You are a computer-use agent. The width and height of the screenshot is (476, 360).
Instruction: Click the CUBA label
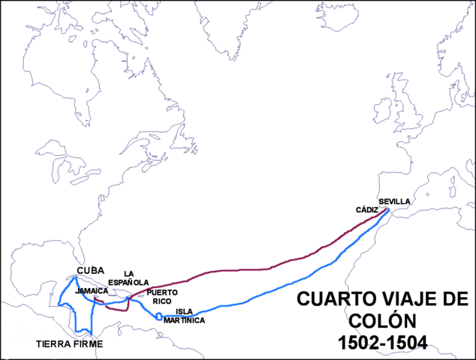[x=91, y=271]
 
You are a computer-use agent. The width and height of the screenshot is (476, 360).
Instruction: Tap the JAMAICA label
[x=92, y=289]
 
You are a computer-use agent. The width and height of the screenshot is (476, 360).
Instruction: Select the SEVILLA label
[x=395, y=202]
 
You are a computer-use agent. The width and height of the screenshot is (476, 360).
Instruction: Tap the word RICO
[x=162, y=301]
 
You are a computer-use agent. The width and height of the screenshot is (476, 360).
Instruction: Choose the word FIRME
[x=87, y=344]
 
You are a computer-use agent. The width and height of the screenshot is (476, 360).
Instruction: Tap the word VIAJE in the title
[x=394, y=300]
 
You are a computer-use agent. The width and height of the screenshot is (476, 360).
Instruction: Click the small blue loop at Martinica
[x=158, y=316]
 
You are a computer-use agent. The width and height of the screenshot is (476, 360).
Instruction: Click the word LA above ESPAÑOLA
[x=128, y=273]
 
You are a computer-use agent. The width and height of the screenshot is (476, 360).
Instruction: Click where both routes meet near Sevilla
[x=387, y=211]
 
